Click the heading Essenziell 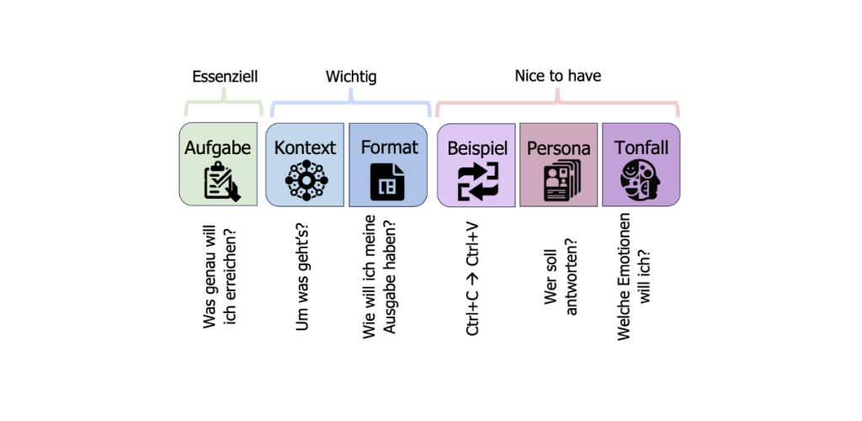[x=225, y=77]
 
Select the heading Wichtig [x=351, y=77]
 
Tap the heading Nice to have [x=558, y=76]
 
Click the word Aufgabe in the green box [x=218, y=148]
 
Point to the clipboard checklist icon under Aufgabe [x=222, y=181]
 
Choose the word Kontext [x=305, y=148]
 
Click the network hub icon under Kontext [x=306, y=180]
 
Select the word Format [x=389, y=147]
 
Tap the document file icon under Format [x=387, y=181]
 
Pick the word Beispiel [x=477, y=148]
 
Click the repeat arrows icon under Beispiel [x=478, y=181]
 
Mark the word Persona [x=559, y=148]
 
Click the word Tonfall [x=641, y=148]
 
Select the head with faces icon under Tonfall [x=641, y=181]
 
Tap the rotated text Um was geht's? [x=302, y=278]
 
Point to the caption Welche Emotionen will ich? [x=633, y=276]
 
